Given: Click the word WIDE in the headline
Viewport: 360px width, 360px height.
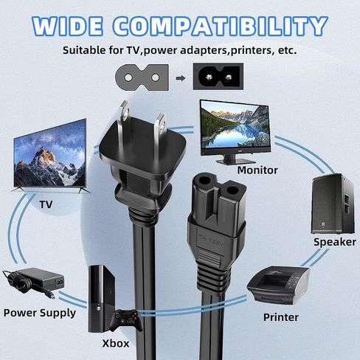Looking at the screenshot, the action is click(67, 27).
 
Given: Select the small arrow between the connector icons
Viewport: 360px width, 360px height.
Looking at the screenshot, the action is click(181, 78).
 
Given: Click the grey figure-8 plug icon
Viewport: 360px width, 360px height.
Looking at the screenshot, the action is click(142, 77).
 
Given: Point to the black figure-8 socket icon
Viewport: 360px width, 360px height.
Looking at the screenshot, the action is click(218, 77).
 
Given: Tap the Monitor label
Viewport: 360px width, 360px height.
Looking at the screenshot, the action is click(257, 170).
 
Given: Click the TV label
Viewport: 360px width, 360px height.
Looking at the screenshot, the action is click(46, 204).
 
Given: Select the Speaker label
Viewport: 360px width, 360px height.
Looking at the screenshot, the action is click(335, 242).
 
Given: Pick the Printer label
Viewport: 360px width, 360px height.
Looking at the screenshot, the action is click(281, 317).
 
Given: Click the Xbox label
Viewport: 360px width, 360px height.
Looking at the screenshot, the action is click(116, 343).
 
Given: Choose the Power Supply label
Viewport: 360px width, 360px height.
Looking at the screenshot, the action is click(40, 313).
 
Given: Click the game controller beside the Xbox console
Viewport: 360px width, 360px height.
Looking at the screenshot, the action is click(126, 319).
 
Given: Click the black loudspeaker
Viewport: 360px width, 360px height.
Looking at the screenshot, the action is click(333, 204).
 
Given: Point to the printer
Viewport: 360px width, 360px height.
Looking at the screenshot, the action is click(278, 285).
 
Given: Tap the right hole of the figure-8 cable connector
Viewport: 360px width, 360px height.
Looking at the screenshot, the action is click(232, 190).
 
